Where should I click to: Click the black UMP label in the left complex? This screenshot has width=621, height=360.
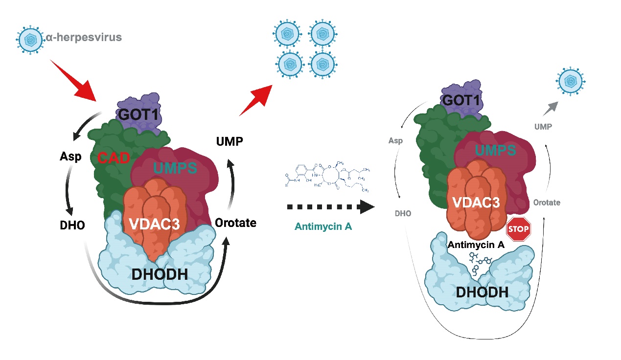click(230, 141)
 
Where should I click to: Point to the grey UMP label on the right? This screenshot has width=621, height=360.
click(543, 127)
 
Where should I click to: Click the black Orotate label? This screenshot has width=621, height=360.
click(235, 223)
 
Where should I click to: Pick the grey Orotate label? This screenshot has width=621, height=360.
click(547, 202)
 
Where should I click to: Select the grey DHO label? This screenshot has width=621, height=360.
click(403, 214)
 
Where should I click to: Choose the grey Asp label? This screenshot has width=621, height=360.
click(395, 141)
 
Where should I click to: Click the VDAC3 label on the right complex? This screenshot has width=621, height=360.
click(476, 202)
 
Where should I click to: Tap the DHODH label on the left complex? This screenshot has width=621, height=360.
click(160, 274)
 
